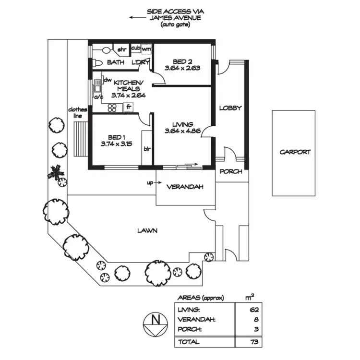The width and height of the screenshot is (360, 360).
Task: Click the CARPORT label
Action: tap(295, 152)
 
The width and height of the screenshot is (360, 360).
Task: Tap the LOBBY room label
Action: tap(230, 108)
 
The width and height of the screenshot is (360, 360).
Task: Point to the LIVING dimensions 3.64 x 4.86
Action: tap(182, 131)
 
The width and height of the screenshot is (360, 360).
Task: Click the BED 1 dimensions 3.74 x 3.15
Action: tap(117, 144)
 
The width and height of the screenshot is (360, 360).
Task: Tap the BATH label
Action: tap(115, 62)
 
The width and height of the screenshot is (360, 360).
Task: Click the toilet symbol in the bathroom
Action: tap(97, 62)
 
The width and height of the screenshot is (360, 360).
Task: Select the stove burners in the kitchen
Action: tap(112, 108)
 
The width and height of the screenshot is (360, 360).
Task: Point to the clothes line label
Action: tap(77, 112)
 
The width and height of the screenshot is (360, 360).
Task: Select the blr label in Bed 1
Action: tap(147, 148)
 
